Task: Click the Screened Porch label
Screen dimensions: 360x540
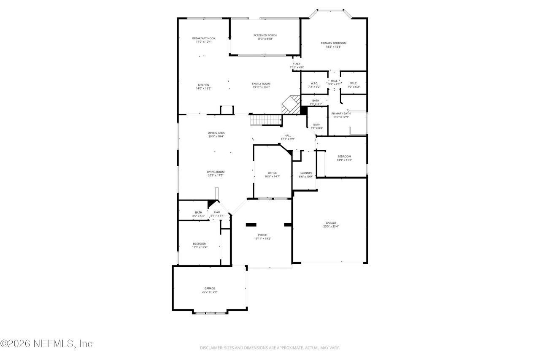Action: pos(265,35)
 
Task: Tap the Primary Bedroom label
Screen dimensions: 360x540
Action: pos(333,43)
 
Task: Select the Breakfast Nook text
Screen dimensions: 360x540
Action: pos(203,38)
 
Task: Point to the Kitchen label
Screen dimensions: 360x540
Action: pos(203,85)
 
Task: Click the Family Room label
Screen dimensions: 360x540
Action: pos(261,84)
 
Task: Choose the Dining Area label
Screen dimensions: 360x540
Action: pos(216,133)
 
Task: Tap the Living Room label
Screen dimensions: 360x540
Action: pos(216,172)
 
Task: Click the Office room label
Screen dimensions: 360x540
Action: pos(272,173)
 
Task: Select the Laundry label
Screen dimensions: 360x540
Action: pos(306,173)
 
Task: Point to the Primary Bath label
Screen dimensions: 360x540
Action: pos(341,114)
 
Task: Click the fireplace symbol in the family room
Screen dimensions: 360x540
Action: pos(290,105)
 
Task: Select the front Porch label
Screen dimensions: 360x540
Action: pos(262,235)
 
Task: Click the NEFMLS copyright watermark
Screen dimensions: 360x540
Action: pos(46,344)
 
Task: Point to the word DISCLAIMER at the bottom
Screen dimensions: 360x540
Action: pos(211,348)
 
